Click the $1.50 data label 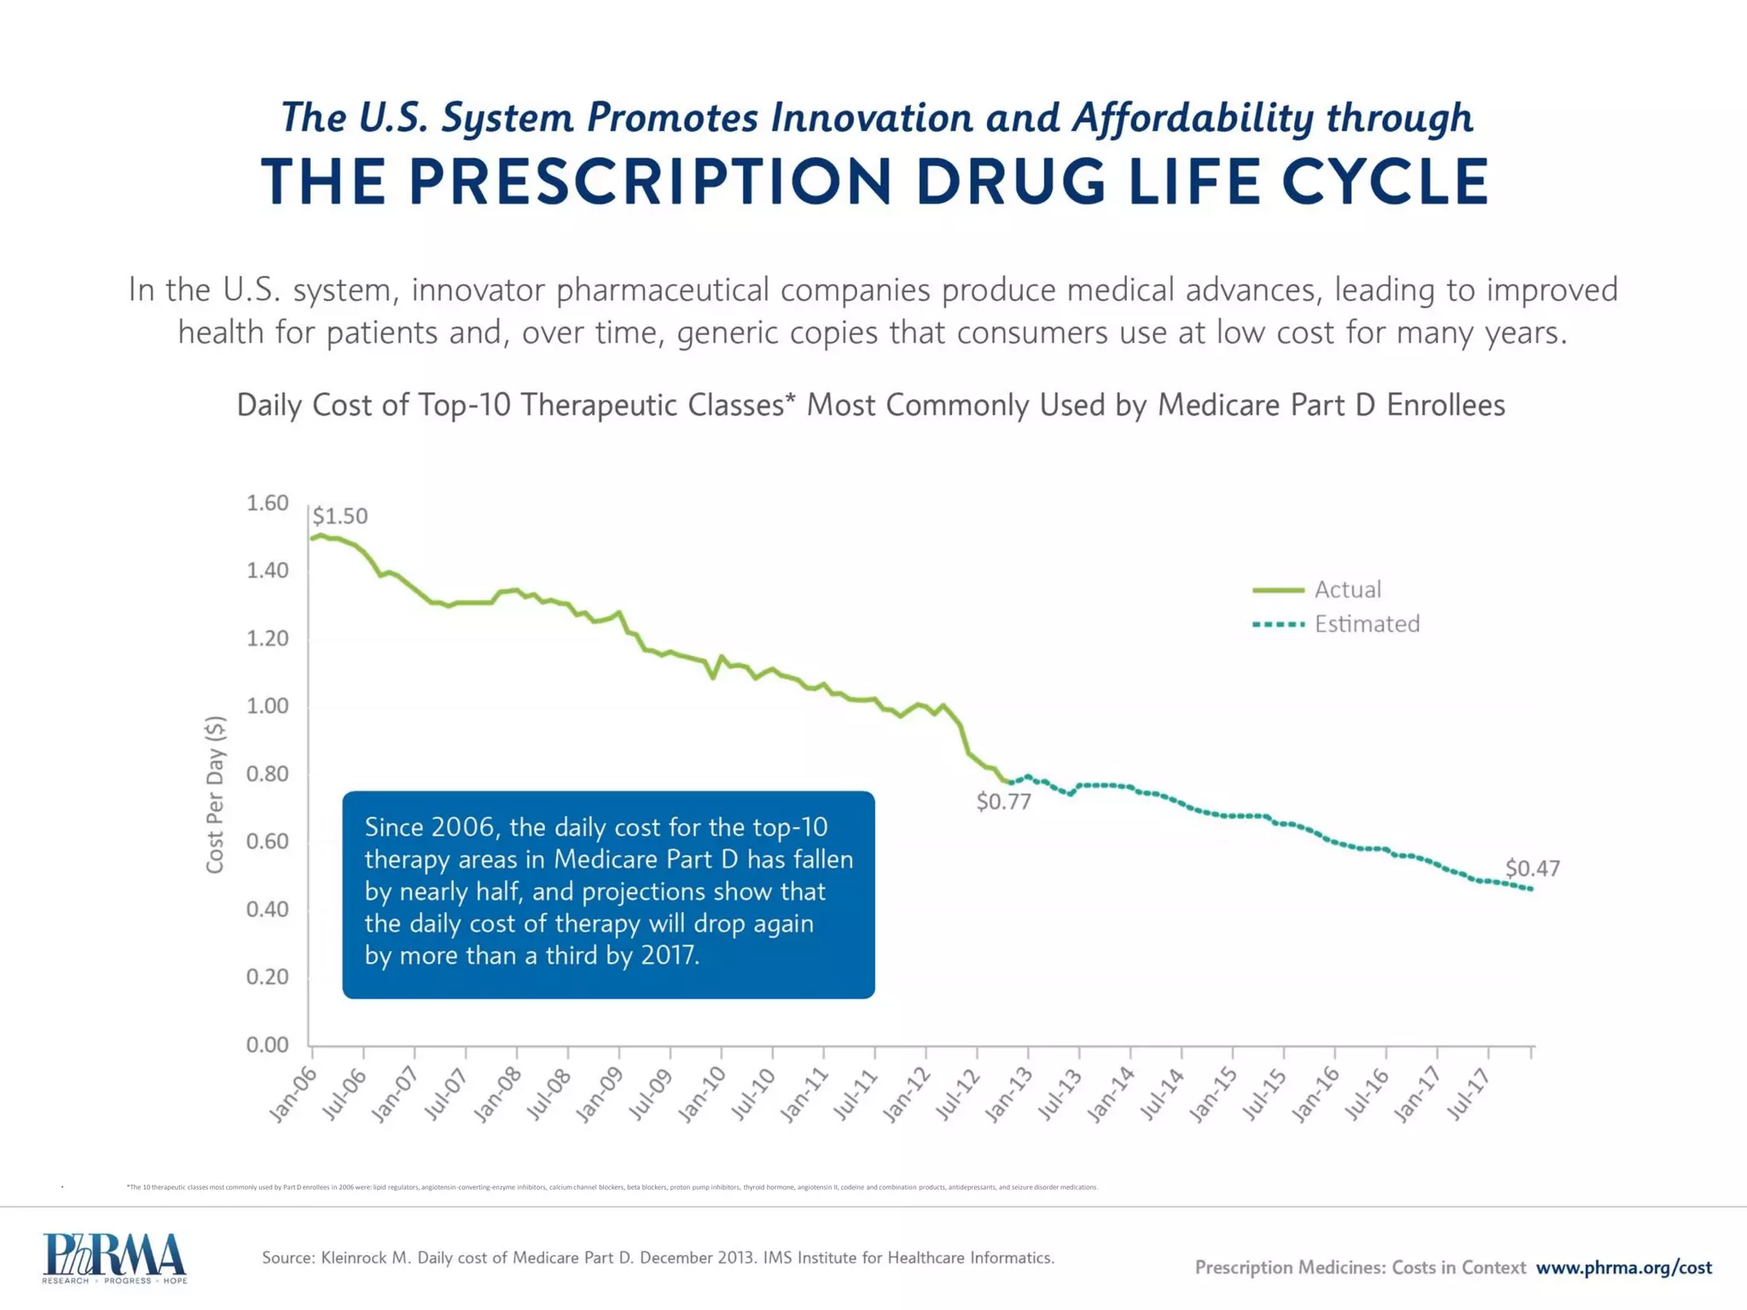(340, 516)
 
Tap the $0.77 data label (1003, 802)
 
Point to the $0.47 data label (1532, 868)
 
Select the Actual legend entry (1347, 589)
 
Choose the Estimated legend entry (1367, 624)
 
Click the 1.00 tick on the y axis (267, 706)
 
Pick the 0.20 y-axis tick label (267, 977)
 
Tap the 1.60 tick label (267, 503)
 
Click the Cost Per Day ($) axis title (215, 794)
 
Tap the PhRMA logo (114, 1257)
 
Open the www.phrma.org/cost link (1623, 1267)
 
